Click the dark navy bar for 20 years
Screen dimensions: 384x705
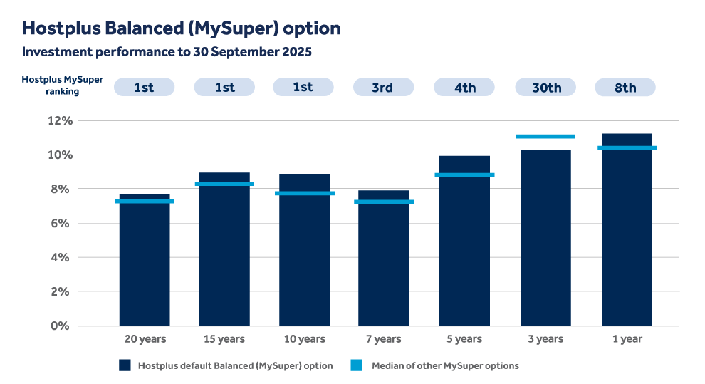[145, 264]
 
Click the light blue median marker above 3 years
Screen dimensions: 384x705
[545, 136]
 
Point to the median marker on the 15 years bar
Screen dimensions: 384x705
[224, 184]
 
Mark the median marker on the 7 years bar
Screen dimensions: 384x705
[384, 202]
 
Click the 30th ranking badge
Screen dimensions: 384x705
[545, 88]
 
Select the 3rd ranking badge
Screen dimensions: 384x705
[383, 88]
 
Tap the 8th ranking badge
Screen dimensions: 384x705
[625, 88]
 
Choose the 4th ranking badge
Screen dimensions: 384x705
[464, 88]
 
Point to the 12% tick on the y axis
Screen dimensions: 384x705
[60, 121]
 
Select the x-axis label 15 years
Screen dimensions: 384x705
[224, 339]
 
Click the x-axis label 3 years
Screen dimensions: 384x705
[545, 339]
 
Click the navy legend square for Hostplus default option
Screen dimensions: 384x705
[125, 365]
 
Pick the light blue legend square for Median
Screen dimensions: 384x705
[357, 365]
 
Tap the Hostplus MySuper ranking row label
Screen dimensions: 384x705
[62, 85]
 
